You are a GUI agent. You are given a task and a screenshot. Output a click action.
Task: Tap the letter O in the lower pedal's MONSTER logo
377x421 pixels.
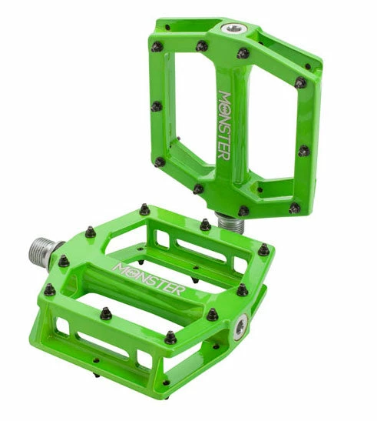coord(131,271)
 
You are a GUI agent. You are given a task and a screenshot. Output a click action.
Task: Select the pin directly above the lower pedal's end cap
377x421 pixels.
coord(243,289)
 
